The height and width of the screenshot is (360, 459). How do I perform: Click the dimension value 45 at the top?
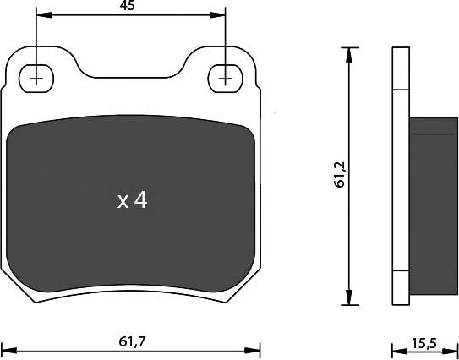(128, 6)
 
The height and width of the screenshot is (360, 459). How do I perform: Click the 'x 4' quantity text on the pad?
(132, 200)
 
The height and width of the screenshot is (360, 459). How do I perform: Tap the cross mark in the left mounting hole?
(36, 77)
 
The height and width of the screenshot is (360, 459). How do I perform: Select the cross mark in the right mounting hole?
(225, 77)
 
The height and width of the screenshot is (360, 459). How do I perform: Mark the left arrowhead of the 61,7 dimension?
(8, 349)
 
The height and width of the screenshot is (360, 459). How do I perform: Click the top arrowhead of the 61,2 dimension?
(348, 53)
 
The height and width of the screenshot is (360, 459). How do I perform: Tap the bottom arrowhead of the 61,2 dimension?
(348, 299)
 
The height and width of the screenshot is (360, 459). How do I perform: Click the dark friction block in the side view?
(433, 203)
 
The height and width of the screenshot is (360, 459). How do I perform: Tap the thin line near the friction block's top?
(433, 134)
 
